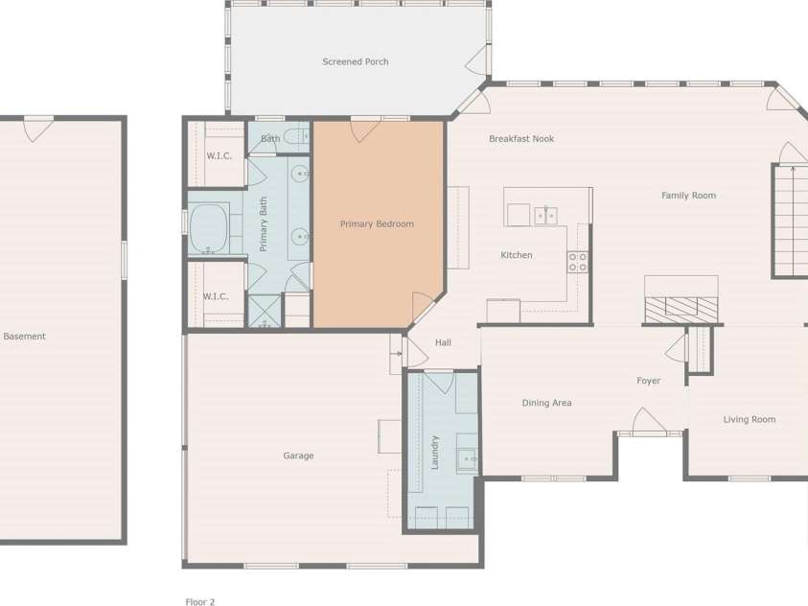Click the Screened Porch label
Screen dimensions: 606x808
pyautogui.click(x=356, y=62)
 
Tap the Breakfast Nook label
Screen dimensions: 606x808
pyautogui.click(x=521, y=139)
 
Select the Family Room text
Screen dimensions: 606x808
pyautogui.click(x=688, y=196)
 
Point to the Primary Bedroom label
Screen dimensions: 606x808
pyautogui.click(x=377, y=224)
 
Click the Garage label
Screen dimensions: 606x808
pyautogui.click(x=298, y=456)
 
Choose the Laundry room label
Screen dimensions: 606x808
pyautogui.click(x=435, y=452)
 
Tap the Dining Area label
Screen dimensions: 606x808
pyautogui.click(x=546, y=404)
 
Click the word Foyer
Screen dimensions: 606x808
pyautogui.click(x=649, y=382)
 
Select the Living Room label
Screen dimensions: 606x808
pyautogui.click(x=750, y=420)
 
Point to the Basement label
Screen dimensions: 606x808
pyautogui.click(x=25, y=337)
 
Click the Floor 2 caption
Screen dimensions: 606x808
pyautogui.click(x=200, y=602)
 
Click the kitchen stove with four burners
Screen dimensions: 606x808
pyautogui.click(x=577, y=262)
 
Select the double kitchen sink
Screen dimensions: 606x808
pyautogui.click(x=545, y=215)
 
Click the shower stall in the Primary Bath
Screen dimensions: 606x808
pyautogui.click(x=264, y=312)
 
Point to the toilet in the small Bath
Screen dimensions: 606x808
pyautogui.click(x=295, y=137)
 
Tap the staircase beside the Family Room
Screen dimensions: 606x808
pyautogui.click(x=792, y=221)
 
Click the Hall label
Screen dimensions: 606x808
pyautogui.click(x=443, y=343)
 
